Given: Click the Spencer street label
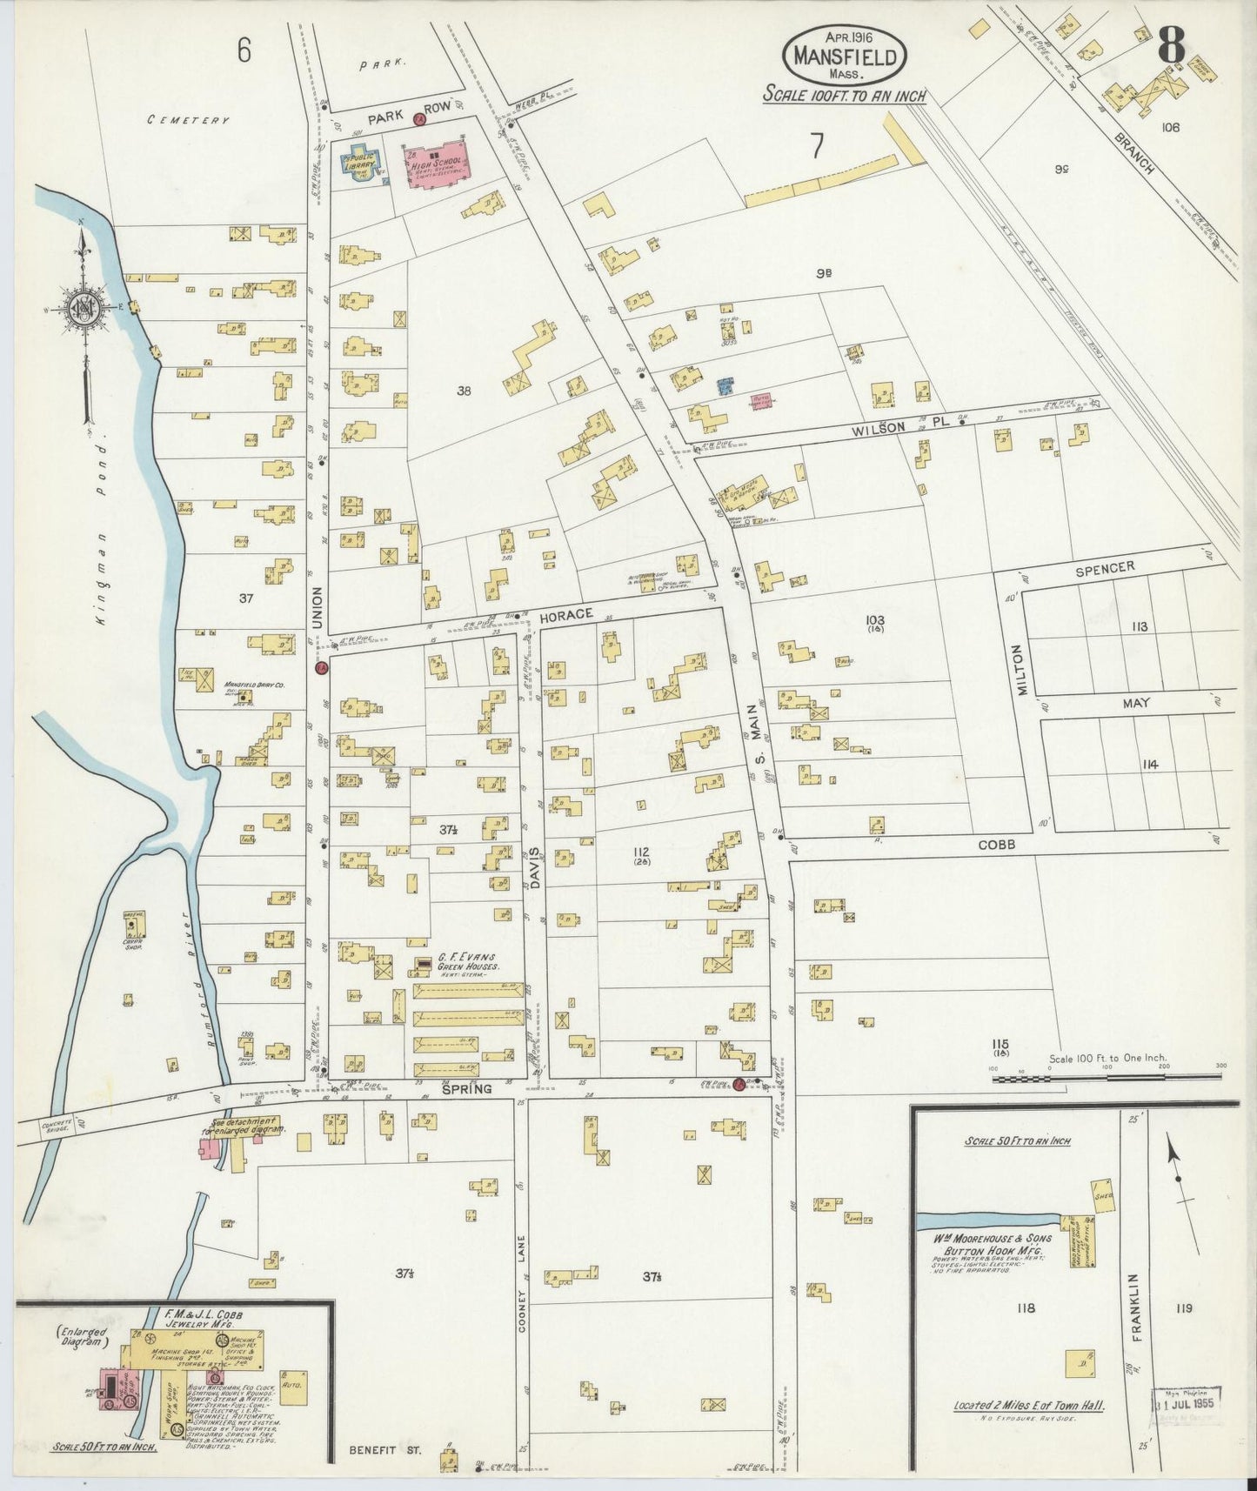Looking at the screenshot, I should point(1104,567).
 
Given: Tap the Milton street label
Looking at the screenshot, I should point(1020,670).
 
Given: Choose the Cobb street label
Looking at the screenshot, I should point(996,845).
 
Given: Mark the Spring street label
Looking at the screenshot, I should point(467,1089).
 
